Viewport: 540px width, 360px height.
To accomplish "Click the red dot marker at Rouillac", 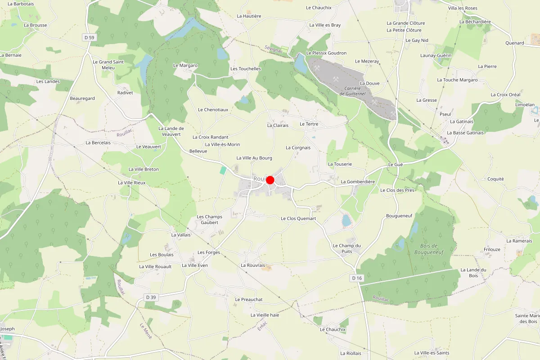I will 270,180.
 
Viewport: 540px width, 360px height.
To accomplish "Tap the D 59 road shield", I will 90,37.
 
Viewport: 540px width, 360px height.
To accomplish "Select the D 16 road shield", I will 357,278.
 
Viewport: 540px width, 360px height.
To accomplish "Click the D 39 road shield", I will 151,297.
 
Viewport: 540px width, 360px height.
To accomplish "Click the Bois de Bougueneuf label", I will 429,249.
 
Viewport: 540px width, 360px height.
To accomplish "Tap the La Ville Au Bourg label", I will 254,158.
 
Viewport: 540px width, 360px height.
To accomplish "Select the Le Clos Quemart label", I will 298,218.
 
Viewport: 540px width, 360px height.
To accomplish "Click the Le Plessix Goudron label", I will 326,53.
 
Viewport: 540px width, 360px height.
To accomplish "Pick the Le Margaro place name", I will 185,65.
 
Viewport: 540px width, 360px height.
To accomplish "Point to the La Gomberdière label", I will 358,182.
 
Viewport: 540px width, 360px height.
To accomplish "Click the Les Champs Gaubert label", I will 210,220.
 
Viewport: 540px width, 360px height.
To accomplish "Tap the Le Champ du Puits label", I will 347,248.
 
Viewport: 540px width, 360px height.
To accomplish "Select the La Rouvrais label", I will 253,265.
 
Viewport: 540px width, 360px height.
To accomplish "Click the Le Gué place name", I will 396,165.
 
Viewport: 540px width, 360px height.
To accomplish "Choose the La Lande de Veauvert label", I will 171,131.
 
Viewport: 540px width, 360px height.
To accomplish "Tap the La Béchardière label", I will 475,22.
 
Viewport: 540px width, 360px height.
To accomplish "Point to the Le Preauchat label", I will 249,299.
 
